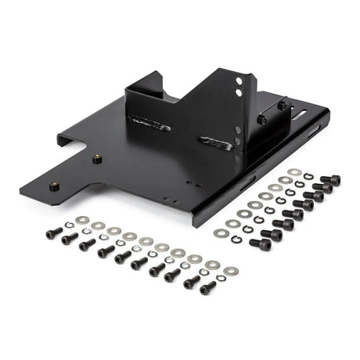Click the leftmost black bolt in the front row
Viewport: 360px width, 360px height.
(x=51, y=233)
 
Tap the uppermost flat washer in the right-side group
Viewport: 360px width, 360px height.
(x=293, y=172)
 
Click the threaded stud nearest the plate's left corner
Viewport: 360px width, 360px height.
(x=54, y=185)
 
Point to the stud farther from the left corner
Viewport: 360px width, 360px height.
(x=97, y=158)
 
